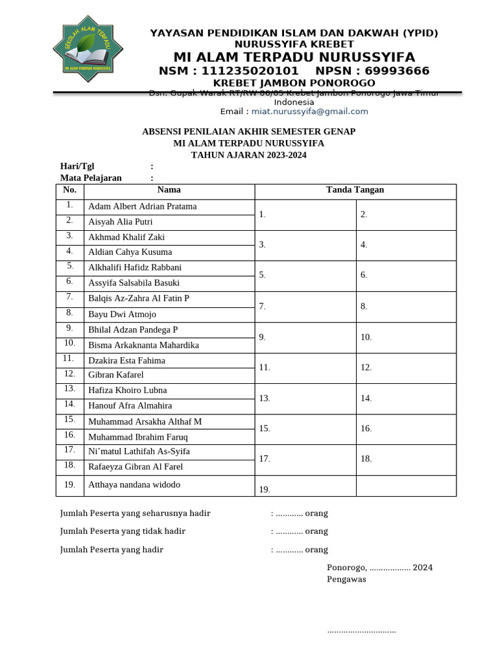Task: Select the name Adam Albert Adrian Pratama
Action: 142,207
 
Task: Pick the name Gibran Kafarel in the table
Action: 115,375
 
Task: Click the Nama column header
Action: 169,190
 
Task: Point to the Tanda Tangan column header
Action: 355,190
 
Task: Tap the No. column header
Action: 70,190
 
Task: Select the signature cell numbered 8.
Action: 406,306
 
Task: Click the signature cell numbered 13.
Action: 305,398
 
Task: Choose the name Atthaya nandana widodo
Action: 134,484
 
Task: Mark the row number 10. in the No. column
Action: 70,343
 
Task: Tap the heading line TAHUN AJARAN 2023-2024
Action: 248,155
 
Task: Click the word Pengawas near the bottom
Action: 346,579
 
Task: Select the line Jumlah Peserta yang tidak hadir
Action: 123,531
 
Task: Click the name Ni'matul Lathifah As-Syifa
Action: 139,451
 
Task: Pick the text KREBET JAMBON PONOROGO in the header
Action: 294,83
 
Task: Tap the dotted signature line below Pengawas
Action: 361,631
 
